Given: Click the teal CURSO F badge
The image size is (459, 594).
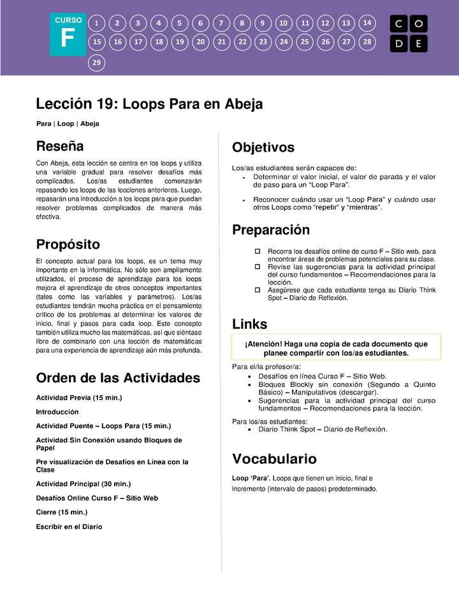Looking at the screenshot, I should click(x=68, y=35).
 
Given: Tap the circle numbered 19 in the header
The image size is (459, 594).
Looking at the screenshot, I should click(x=180, y=42).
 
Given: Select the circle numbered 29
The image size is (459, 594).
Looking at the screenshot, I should click(x=96, y=62).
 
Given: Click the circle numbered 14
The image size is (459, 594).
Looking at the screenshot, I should click(x=367, y=23).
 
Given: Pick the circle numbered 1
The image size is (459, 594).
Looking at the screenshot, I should click(x=96, y=23).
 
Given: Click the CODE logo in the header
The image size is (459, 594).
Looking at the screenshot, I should click(x=409, y=34).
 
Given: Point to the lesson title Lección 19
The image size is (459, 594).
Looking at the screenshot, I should click(x=149, y=104).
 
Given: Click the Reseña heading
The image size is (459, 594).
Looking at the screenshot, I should click(x=60, y=146).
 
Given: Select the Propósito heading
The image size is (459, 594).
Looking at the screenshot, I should click(x=68, y=244).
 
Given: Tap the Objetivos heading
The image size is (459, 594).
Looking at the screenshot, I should click(x=263, y=148).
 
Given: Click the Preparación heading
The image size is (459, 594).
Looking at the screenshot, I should click(x=271, y=230).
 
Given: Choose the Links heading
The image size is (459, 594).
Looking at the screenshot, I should click(x=250, y=324).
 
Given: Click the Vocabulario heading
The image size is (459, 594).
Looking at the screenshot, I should click(x=274, y=459).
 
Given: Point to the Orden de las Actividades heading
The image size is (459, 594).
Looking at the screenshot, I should click(x=118, y=378).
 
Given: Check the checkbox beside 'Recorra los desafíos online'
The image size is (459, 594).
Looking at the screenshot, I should click(x=258, y=252).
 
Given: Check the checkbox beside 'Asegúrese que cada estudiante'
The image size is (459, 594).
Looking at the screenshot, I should click(x=258, y=290).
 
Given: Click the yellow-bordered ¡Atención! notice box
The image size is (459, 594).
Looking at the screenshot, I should click(x=336, y=348).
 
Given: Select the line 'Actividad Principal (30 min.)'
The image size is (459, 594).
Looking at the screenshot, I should click(x=84, y=484).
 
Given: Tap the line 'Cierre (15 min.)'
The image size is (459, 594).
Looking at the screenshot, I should click(x=62, y=512).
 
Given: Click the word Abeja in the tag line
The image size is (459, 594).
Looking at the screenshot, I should click(x=90, y=123).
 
